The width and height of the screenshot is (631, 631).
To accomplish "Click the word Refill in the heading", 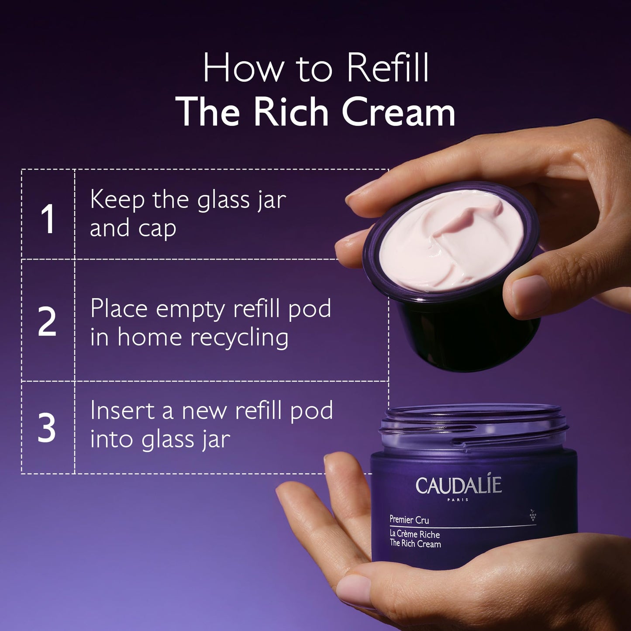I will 387,69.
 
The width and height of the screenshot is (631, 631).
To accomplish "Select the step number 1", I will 47,219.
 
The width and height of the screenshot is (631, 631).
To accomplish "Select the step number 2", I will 47,322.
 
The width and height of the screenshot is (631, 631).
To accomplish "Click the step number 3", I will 47,428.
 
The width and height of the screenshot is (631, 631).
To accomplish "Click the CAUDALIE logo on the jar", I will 459,486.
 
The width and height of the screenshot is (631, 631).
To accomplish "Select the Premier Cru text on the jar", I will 409,520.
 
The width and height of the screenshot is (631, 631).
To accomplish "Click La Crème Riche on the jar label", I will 414,534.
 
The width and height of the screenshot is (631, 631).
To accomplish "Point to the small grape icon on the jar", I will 533,515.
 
